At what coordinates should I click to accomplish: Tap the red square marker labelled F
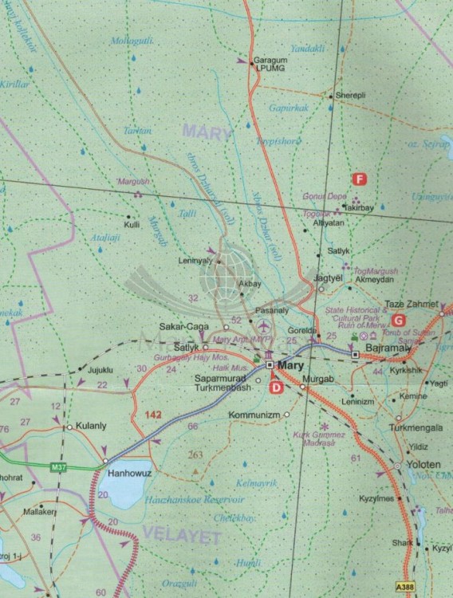coord(360,179)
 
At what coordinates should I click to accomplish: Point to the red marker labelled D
coord(276,388)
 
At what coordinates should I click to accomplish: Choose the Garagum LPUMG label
coord(269,65)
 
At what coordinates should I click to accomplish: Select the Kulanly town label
coord(90,427)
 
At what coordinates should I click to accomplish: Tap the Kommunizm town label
coord(253,415)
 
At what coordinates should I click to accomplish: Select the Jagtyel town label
coord(328,278)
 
